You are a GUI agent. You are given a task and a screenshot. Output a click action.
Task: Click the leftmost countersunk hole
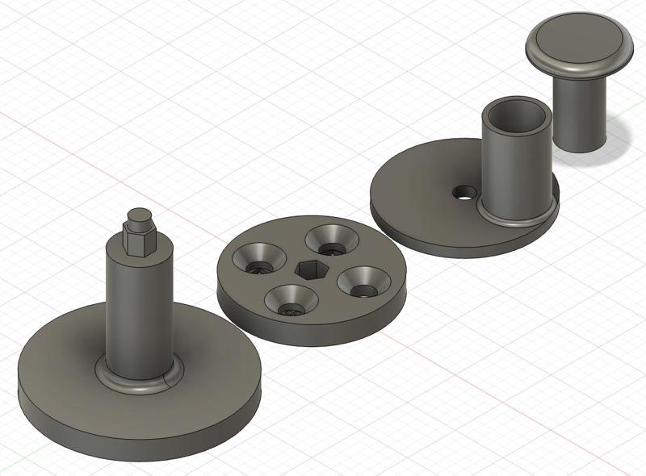click(258, 259)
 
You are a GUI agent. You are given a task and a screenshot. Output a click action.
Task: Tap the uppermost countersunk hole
click(332, 237)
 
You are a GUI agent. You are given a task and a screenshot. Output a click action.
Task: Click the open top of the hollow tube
click(518, 114)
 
